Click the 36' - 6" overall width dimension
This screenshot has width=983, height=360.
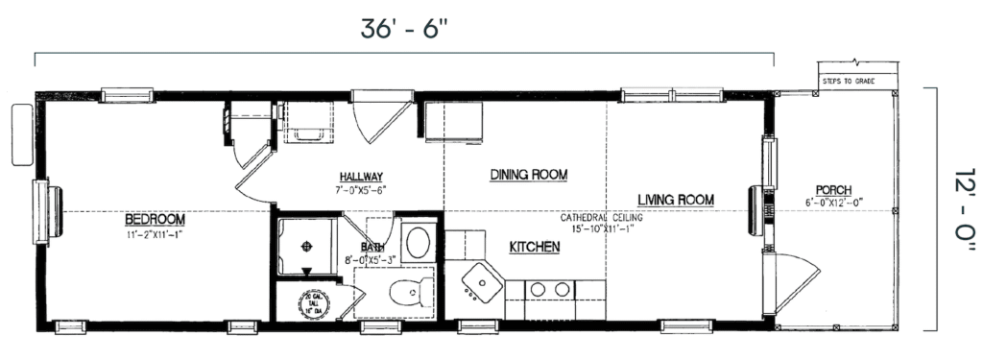(404, 29)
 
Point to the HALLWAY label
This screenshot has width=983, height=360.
(360, 177)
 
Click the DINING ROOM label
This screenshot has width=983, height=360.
(528, 175)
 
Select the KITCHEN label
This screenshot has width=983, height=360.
(534, 248)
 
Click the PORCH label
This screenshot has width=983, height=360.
(833, 189)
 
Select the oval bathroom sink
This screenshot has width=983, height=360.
(418, 241)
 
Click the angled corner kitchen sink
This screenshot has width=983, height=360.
(477, 282)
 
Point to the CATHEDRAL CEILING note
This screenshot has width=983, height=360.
(595, 218)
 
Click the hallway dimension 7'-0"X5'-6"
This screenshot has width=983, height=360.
(360, 190)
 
